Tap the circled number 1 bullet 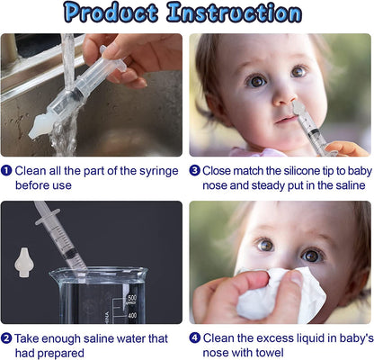[x=7, y=170]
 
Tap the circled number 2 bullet [x=7, y=338]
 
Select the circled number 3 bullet [x=194, y=170]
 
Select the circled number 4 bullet [x=194, y=338]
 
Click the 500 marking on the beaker [x=131, y=298]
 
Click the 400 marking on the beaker [x=131, y=315]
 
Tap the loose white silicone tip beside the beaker [x=20, y=263]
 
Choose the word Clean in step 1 [x=31, y=170]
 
